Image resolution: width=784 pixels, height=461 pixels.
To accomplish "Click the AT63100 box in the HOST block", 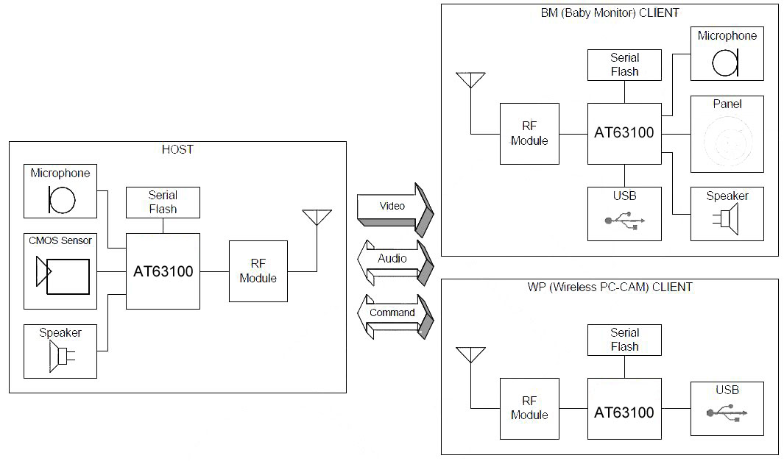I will pyautogui.click(x=163, y=271).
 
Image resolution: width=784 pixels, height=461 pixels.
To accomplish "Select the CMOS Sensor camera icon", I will pyautogui.click(x=63, y=275).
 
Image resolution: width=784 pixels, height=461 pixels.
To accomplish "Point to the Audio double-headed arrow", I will pyautogui.click(x=394, y=260).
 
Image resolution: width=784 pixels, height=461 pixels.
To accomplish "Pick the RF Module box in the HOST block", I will pyautogui.click(x=258, y=271).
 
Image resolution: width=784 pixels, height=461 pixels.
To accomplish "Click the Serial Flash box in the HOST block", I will pyautogui.click(x=163, y=202).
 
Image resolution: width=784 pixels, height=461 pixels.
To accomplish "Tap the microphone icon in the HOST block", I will pyautogui.click(x=61, y=199).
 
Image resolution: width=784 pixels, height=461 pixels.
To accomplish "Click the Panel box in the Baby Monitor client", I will pyautogui.click(x=727, y=134).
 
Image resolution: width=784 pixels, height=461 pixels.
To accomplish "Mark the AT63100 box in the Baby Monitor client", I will pyautogui.click(x=624, y=134).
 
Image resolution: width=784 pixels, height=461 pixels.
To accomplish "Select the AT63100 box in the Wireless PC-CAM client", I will pyautogui.click(x=624, y=412).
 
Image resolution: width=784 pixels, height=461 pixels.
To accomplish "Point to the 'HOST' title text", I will pyautogui.click(x=177, y=149).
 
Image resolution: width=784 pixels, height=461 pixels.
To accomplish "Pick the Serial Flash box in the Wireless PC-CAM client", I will pyautogui.click(x=624, y=340).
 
